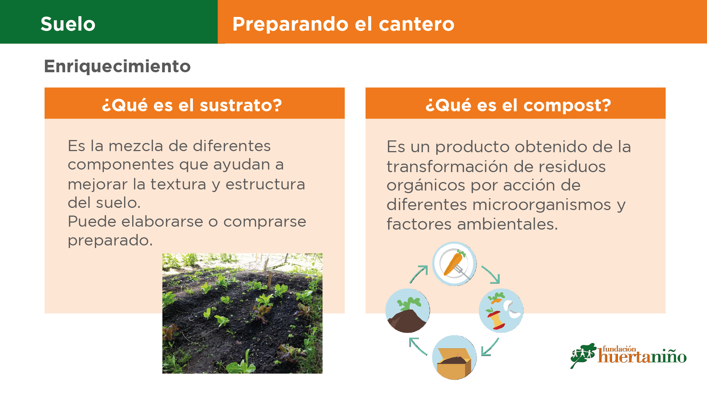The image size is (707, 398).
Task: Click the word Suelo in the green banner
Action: point(68,24)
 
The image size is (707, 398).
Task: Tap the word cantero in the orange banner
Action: point(416,24)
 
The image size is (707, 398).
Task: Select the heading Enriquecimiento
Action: point(117,66)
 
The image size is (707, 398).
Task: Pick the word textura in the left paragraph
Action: point(178,184)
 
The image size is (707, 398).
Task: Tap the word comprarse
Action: point(265,222)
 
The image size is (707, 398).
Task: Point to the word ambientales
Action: point(507,224)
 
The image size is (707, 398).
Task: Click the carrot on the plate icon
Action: point(454,263)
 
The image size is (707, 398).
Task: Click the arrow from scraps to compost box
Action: point(490,347)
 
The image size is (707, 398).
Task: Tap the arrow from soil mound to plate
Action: point(419,274)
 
